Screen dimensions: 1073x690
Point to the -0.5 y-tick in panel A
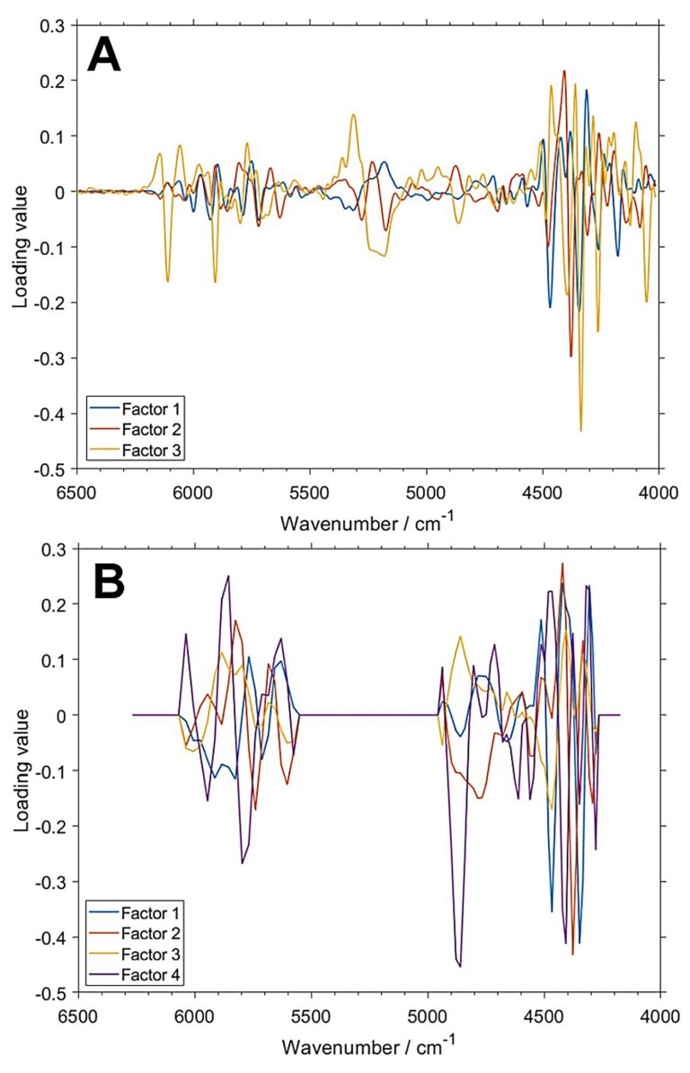pos(54,470)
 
